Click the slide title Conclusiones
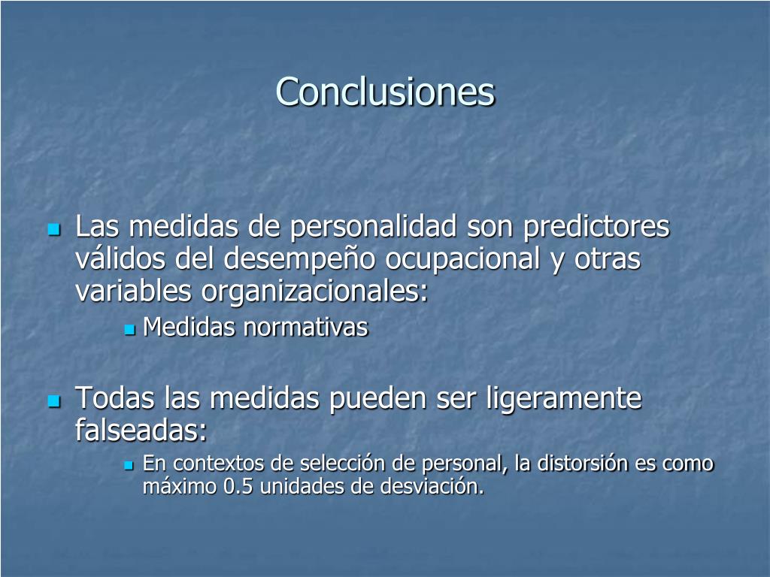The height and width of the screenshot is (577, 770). [x=385, y=92]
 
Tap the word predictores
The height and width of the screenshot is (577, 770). [x=596, y=226]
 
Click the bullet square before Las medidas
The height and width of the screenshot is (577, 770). [x=53, y=229]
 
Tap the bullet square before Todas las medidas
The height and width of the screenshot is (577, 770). [x=53, y=401]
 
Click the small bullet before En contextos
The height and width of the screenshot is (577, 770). [x=129, y=465]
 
